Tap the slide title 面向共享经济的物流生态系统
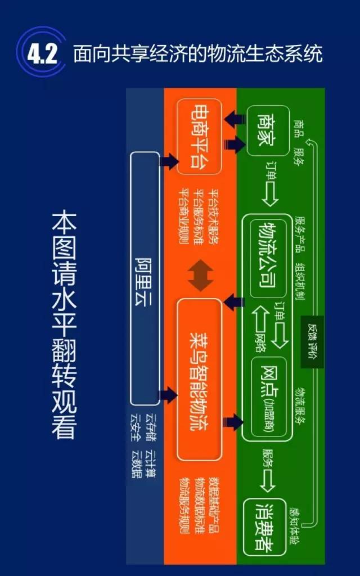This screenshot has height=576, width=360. [x=197, y=55]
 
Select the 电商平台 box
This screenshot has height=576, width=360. [x=199, y=137]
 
